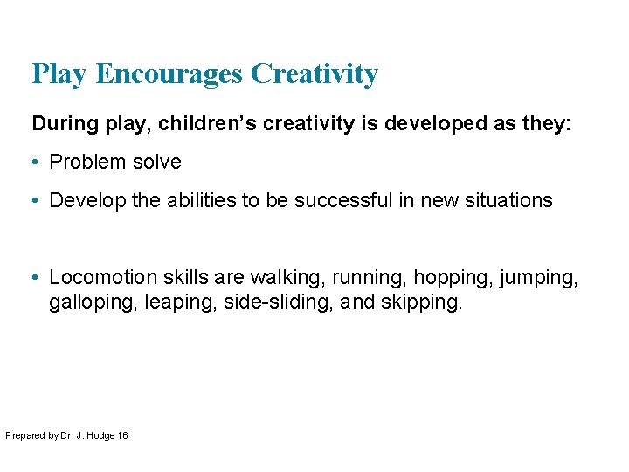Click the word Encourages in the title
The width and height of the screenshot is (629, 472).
pos(170,74)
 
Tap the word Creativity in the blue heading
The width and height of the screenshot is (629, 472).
pos(314,74)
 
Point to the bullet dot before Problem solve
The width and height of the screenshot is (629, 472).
pos(37,163)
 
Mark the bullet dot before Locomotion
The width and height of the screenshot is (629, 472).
pos(37,278)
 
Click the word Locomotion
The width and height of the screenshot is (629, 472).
pos(97,278)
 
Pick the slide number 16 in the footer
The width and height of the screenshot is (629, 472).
pos(122,434)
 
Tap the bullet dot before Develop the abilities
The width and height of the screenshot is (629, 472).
pos(37,201)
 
